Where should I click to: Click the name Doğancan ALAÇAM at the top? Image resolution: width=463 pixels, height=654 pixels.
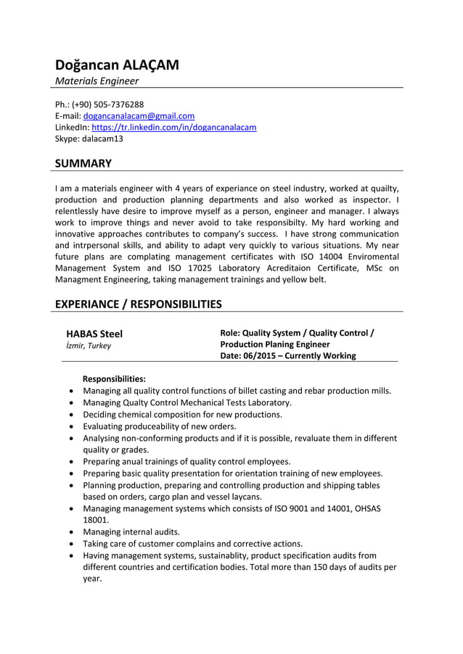117,65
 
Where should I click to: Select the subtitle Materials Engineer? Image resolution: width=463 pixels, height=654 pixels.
97,81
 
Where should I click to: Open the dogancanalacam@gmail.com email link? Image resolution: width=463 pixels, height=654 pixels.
139,116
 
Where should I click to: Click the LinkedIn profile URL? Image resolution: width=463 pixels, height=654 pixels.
173,128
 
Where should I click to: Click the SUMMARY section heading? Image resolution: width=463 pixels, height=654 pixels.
83,164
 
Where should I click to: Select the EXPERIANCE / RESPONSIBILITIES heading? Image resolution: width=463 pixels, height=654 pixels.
139,304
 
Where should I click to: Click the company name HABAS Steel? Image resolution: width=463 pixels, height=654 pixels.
94,334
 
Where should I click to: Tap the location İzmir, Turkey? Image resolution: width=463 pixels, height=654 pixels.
89,346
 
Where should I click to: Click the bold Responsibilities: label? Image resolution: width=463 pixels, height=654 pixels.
114,378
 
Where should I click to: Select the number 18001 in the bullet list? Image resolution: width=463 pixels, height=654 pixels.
96,520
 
